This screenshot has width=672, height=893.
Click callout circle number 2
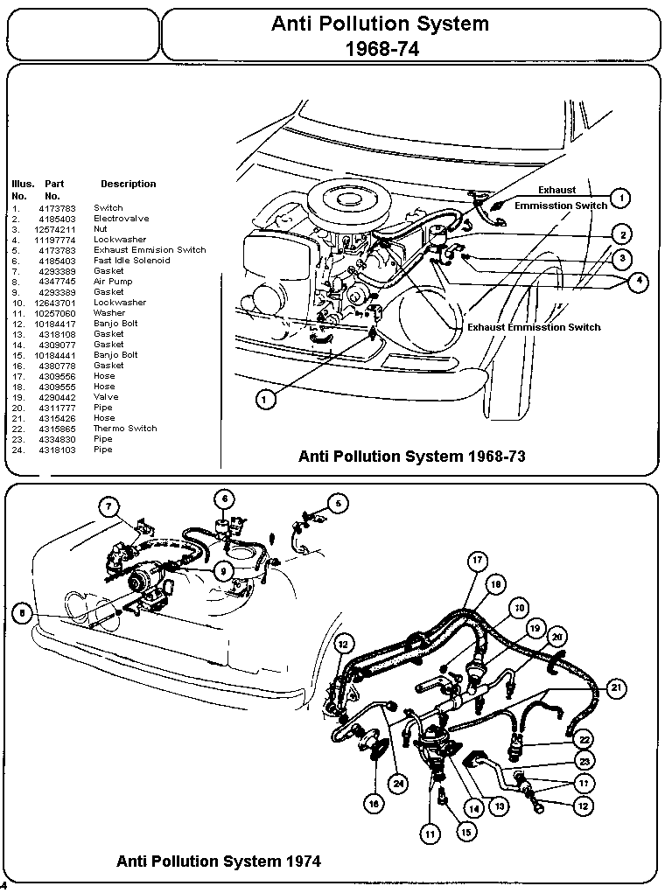point(621,234)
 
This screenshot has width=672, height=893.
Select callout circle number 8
point(22,614)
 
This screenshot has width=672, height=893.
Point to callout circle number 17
point(477,561)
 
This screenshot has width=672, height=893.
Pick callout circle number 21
point(617,689)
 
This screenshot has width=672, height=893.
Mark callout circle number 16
point(375,803)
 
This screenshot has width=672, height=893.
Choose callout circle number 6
point(225,499)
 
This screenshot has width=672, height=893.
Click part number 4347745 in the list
point(57,282)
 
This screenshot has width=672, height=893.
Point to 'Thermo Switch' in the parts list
point(125,429)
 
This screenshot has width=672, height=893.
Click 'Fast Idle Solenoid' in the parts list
point(131,261)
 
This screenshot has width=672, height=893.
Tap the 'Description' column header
point(128,184)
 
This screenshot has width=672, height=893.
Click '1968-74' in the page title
point(381,49)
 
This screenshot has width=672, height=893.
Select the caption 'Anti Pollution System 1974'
point(218,862)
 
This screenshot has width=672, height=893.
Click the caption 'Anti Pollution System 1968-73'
point(411,456)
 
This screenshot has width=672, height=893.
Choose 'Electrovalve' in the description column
point(121,219)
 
